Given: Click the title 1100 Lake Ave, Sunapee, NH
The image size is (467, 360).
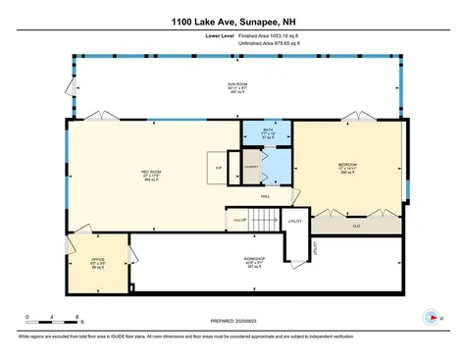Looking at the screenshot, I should click(x=233, y=21).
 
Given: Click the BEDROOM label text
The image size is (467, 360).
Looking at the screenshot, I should click(x=347, y=164).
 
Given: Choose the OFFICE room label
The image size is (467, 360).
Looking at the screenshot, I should click(x=97, y=260).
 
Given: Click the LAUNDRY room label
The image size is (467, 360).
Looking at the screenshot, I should click(x=251, y=167).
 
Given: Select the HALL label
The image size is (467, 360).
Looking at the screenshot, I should click(x=265, y=196).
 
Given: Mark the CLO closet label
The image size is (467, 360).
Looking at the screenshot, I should click(x=354, y=227).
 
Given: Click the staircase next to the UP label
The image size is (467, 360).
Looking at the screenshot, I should click(x=261, y=221).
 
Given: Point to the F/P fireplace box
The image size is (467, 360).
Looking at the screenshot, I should click(x=217, y=167).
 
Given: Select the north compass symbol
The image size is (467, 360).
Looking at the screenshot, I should click(x=430, y=318).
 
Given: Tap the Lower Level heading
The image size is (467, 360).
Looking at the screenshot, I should click(x=220, y=35).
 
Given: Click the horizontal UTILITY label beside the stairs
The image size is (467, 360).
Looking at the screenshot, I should click(x=294, y=223).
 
